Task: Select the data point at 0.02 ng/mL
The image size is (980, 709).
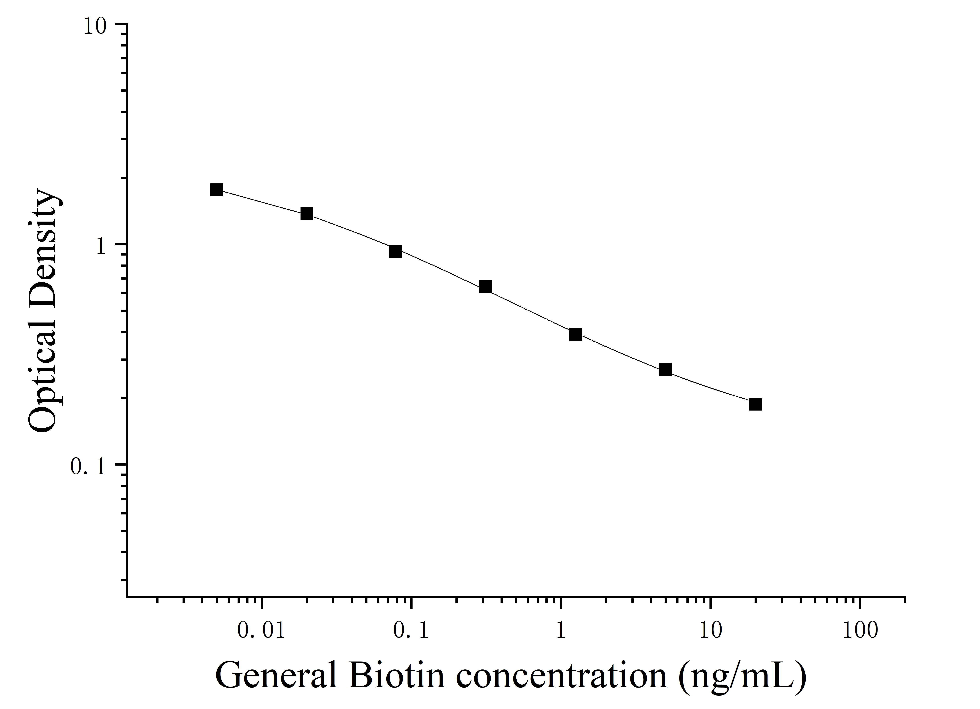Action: click(x=307, y=214)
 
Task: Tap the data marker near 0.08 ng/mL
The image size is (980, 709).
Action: click(x=395, y=251)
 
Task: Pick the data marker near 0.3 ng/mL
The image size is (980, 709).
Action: click(x=486, y=287)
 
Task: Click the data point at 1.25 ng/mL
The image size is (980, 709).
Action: click(x=575, y=334)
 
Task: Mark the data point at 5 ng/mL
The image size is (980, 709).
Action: click(x=665, y=370)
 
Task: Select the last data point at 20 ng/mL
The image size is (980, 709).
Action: click(x=755, y=404)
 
